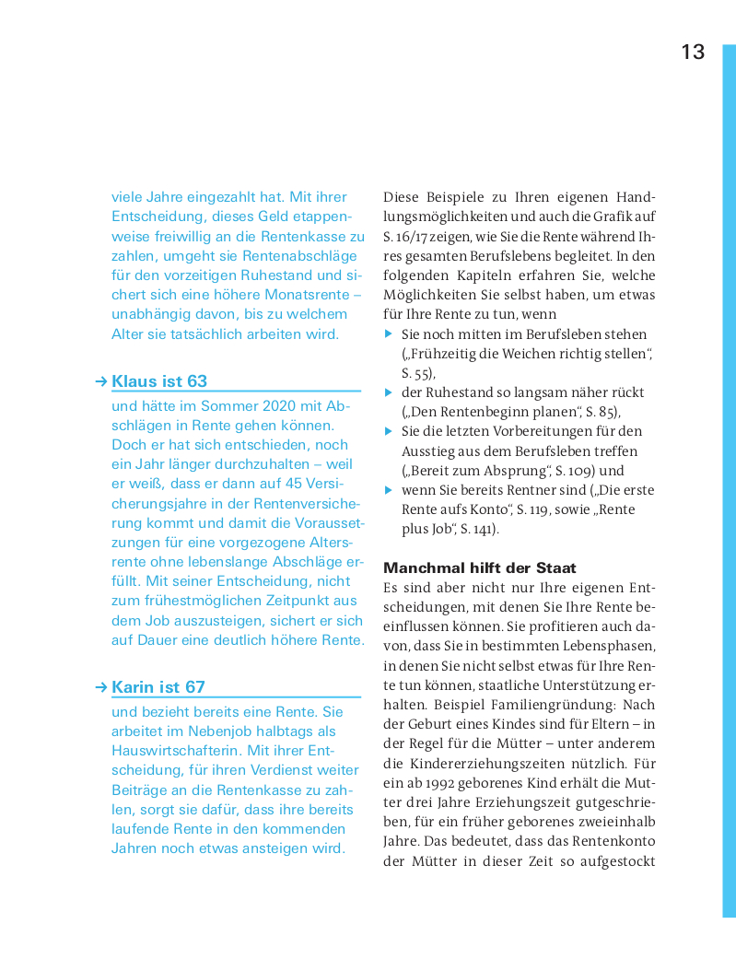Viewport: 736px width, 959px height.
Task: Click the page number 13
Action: (693, 53)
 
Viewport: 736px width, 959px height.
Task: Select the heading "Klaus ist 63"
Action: (159, 381)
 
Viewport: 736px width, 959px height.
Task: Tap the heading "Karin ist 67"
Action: (158, 687)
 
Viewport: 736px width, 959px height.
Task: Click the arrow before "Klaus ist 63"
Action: (101, 381)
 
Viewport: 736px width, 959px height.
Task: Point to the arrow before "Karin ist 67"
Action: (101, 687)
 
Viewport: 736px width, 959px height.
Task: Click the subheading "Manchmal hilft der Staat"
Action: (480, 567)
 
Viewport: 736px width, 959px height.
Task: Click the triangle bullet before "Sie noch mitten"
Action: (389, 333)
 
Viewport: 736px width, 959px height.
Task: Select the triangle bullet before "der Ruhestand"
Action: (389, 392)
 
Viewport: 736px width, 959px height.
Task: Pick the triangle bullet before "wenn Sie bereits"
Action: (389, 490)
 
